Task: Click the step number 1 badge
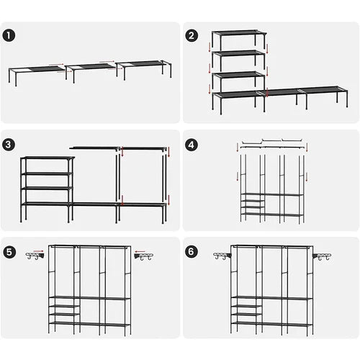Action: click(x=9, y=35)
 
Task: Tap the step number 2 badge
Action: click(x=192, y=35)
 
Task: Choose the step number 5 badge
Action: click(x=9, y=252)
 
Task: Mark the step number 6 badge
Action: click(x=192, y=252)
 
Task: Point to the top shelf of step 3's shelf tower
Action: click(x=47, y=158)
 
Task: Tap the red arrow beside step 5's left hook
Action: click(x=42, y=253)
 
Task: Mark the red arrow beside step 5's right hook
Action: click(x=140, y=253)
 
